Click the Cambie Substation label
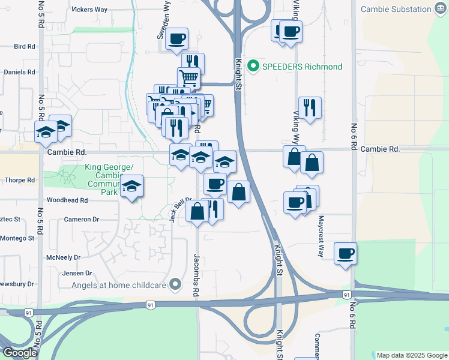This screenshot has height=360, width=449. pos(396,8)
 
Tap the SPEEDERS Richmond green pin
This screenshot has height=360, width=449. pos(253,66)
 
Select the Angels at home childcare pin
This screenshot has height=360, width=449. pos(175,284)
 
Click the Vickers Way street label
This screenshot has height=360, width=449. pos(89,10)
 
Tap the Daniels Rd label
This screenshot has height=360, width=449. pos(19,72)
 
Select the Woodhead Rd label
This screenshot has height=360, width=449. pos(67,200)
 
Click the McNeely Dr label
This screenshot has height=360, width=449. pos(63,257)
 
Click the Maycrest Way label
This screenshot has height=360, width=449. pos(321,236)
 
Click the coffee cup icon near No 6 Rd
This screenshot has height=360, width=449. pos(345,253)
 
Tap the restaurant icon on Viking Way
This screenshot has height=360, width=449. pos(310,108)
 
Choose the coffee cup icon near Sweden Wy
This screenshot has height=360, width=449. pos(177,39)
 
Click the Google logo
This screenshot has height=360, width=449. pos(20,353)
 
